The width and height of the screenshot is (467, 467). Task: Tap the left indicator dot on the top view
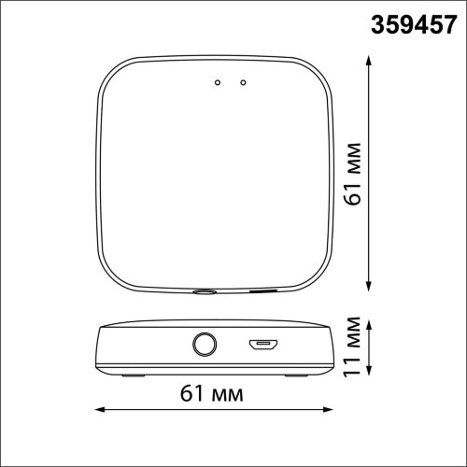tap(216, 83)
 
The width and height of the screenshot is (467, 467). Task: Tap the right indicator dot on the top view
tap(242, 83)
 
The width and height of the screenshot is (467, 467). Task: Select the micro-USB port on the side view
tap(262, 347)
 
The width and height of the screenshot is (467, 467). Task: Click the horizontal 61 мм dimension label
tap(215, 395)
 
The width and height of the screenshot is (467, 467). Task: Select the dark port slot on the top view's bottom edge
tap(262, 291)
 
